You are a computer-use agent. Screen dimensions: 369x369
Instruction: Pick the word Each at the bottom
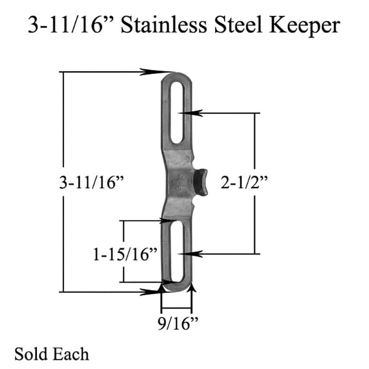[72, 354]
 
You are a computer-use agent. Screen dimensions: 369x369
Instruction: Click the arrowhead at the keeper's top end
[166, 72]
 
